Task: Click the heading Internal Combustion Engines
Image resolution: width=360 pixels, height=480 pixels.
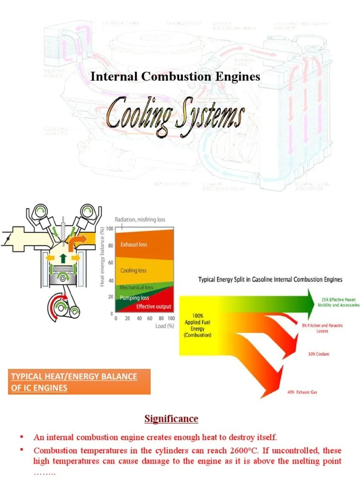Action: pos(175,76)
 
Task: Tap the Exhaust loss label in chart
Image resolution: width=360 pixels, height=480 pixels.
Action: pos(134,244)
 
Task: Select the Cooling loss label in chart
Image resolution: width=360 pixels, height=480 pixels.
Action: pos(133,270)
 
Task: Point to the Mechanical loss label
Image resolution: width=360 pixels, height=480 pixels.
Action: pos(136,287)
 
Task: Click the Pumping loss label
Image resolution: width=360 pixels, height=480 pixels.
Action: pos(134,298)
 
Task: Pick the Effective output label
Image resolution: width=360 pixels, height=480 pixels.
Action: pos(154,307)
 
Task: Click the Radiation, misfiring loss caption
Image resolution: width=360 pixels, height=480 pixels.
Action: pos(140,219)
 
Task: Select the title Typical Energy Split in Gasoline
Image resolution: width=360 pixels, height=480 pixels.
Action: pos(270,279)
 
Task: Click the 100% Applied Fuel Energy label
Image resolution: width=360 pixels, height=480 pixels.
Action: pos(197,326)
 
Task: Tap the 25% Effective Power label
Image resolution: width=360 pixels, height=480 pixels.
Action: pos(340,302)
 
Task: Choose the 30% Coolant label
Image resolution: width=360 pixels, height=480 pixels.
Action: pos(319,354)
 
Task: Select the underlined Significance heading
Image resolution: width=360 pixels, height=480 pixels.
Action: pos(171,419)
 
